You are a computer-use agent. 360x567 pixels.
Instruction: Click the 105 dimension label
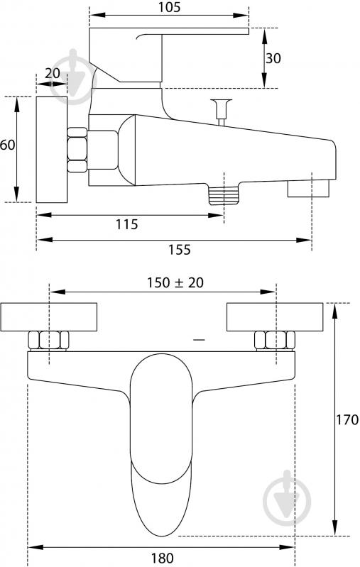(169, 7)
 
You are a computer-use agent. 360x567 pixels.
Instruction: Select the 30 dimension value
(273, 58)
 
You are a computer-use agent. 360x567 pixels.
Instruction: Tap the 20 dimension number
(53, 73)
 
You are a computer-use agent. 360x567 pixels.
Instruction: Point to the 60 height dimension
(7, 145)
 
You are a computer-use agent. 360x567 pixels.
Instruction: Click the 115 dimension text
(126, 224)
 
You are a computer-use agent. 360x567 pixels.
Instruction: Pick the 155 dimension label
(180, 250)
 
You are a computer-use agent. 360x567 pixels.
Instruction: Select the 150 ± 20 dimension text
(175, 282)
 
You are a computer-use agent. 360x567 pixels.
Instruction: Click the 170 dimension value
(347, 419)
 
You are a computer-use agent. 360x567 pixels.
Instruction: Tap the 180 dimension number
(162, 558)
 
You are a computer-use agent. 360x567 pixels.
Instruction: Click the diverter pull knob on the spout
(222, 111)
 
